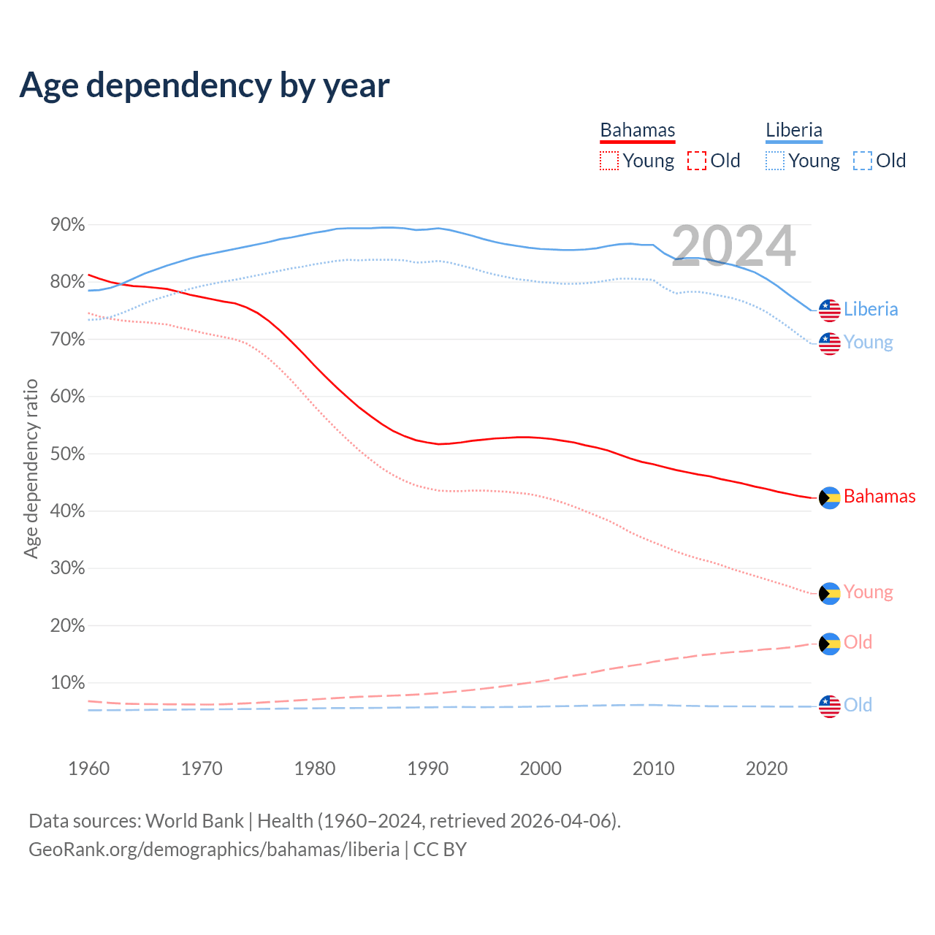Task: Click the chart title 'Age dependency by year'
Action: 205,85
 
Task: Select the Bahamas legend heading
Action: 638,130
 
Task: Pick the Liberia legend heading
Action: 794,130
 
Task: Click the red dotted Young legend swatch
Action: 608,161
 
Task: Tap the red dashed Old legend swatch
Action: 697,161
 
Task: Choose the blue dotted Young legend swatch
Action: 775,161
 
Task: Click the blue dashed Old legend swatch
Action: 863,161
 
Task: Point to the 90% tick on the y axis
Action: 68,225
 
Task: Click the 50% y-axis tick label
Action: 68,454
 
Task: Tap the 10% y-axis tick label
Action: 68,683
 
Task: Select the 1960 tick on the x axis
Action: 88,768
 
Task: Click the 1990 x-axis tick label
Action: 427,768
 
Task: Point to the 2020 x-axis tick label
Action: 766,768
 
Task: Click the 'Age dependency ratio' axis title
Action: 31,468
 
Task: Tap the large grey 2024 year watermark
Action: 733,246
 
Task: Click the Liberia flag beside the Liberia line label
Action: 830,310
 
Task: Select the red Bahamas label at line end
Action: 879,497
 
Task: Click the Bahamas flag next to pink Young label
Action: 830,593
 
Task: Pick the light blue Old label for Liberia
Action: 858,705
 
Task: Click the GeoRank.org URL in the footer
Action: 214,850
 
